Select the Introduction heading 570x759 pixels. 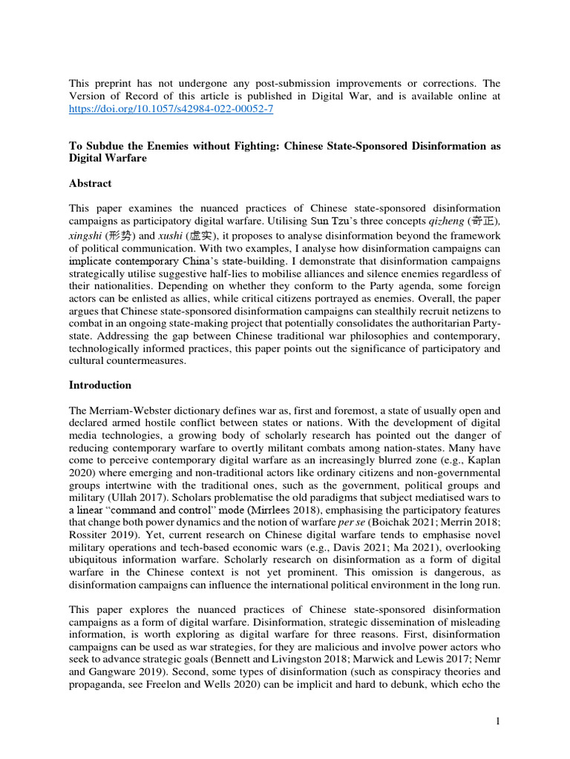[x=100, y=385]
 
